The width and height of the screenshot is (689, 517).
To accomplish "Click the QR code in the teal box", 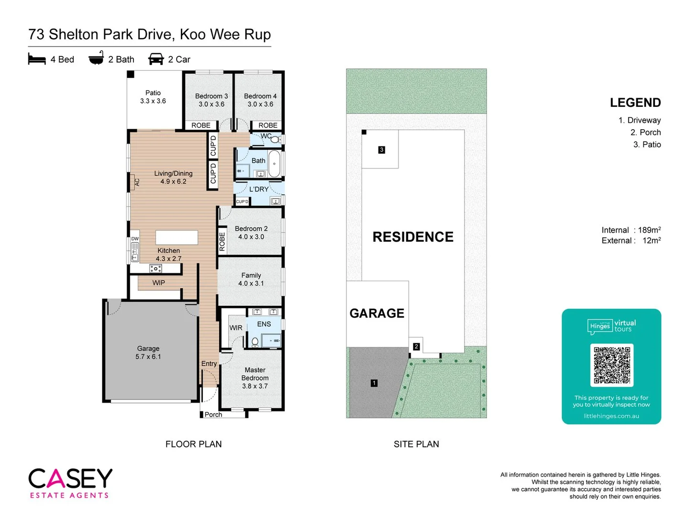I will [611, 365].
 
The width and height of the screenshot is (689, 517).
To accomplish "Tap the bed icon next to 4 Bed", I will [37, 59].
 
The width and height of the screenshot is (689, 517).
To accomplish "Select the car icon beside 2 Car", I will [156, 59].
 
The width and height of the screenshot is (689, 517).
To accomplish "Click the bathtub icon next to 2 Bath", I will [96, 58].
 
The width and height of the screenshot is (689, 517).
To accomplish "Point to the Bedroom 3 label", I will [211, 96].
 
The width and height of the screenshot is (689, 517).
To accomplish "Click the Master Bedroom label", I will [255, 374].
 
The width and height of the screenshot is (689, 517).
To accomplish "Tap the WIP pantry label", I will [158, 283].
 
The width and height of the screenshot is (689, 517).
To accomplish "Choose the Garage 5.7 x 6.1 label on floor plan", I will [148, 352].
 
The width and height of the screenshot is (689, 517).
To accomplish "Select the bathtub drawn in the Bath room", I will [275, 164].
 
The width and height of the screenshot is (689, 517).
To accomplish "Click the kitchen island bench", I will [177, 237].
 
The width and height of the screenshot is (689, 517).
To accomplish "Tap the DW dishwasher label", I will [135, 239].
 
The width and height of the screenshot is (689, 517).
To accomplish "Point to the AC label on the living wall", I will [137, 182].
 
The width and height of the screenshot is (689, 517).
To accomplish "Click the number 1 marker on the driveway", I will [374, 383].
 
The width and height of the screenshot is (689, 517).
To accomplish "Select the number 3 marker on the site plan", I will [381, 150].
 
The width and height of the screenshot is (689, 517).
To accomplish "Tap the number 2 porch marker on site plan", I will [416, 347].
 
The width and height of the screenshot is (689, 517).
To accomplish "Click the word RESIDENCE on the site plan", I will [413, 237].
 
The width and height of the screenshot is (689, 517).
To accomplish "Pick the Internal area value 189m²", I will [649, 230].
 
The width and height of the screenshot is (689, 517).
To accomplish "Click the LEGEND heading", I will [635, 103].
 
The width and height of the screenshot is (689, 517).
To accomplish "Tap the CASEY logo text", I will [70, 478].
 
